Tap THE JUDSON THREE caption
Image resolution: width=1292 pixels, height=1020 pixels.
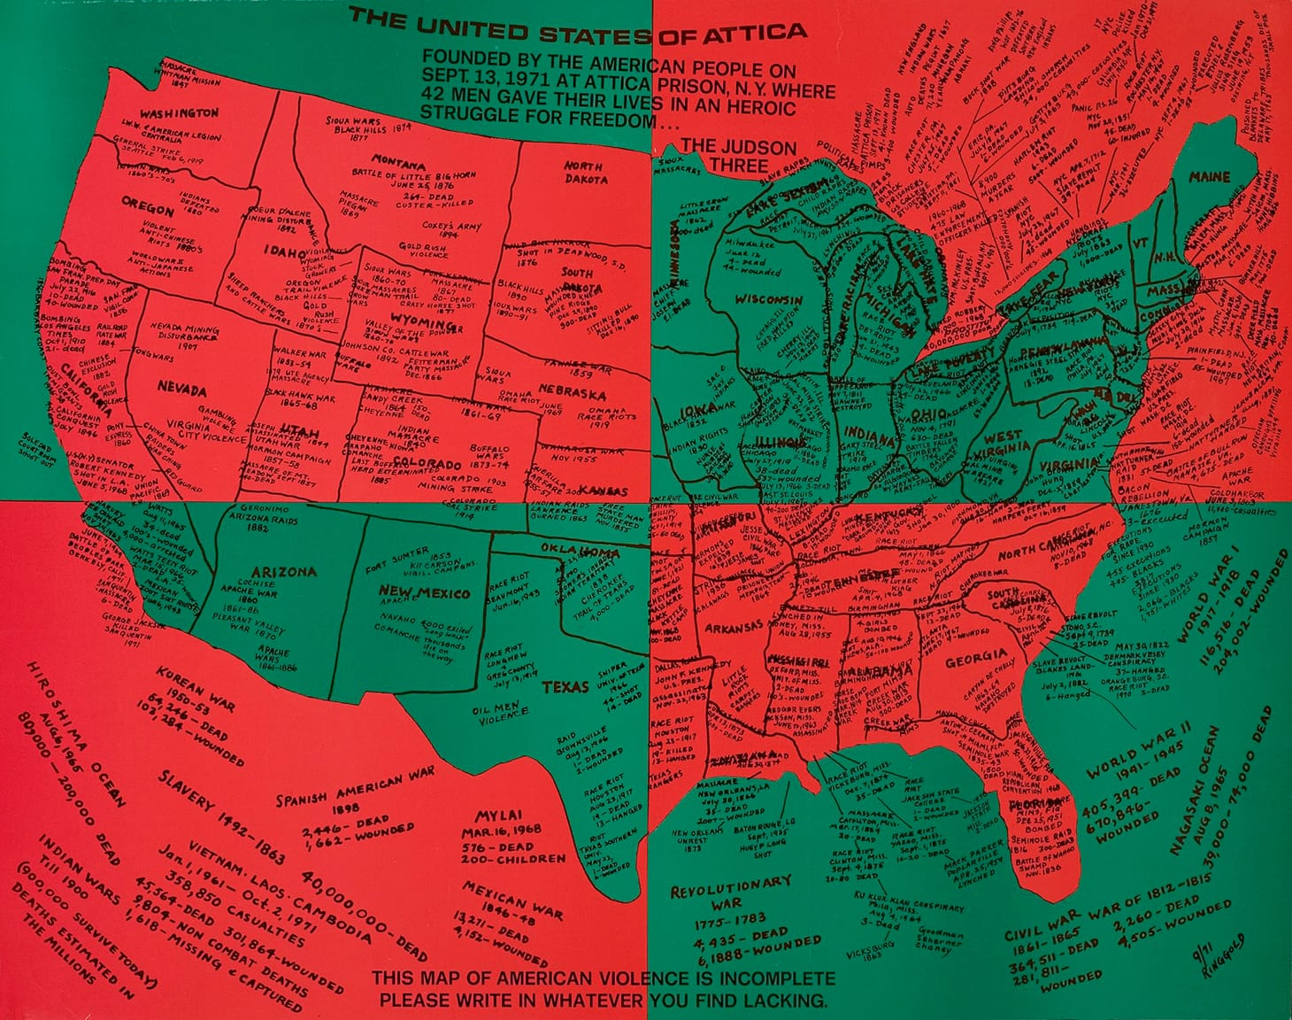coord(739,155)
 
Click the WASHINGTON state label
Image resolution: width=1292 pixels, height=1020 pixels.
coord(179,114)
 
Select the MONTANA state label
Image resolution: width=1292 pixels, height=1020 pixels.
coord(398,162)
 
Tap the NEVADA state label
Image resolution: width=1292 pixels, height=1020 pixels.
coord(182,390)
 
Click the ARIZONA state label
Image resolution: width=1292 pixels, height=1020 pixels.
coord(283,572)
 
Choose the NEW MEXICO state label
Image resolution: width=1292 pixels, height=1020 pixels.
coord(425,591)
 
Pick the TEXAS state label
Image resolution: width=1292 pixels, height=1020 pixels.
coord(566,687)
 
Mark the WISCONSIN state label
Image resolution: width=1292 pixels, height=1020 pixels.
coord(767,299)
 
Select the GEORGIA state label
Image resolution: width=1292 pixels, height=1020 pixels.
coord(969,660)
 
